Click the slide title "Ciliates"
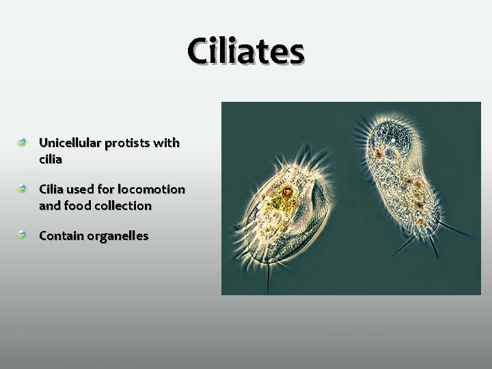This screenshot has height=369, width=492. pyautogui.click(x=246, y=51)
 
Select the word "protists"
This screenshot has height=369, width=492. pyautogui.click(x=128, y=143)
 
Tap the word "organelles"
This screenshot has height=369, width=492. pyautogui.click(x=117, y=236)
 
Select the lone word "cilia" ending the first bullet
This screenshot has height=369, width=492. pyautogui.click(x=51, y=159)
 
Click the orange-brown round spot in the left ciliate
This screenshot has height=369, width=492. pyautogui.click(x=288, y=191)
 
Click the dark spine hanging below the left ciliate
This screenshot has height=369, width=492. pyautogui.click(x=268, y=277)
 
